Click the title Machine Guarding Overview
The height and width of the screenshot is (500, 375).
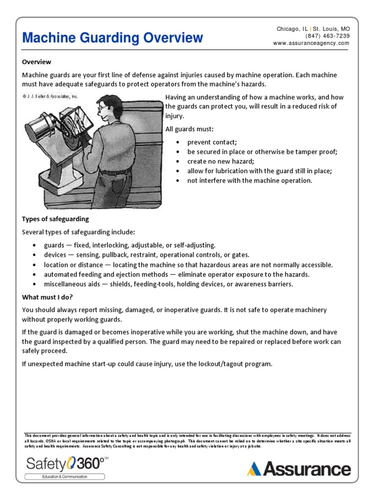pyautogui.click(x=113, y=38)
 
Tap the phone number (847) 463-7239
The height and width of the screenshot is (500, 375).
pyautogui.click(x=328, y=36)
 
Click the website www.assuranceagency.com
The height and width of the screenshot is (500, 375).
pyautogui.click(x=311, y=43)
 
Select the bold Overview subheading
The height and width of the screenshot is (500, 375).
pyautogui.click(x=37, y=62)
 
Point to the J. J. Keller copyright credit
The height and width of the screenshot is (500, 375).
pyautogui.click(x=50, y=96)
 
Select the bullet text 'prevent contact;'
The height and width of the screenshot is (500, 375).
pyautogui.click(x=212, y=142)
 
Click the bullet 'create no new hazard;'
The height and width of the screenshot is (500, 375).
pyautogui.click(x=221, y=161)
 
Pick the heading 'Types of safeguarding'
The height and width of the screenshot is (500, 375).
pyautogui.click(x=56, y=219)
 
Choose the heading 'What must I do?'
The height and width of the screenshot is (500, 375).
pyautogui.click(x=47, y=297)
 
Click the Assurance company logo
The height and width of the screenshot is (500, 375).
pyautogui.click(x=299, y=469)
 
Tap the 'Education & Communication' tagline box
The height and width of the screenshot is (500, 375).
pyautogui.click(x=65, y=477)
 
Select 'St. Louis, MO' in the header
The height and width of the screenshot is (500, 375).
pyautogui.click(x=332, y=29)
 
